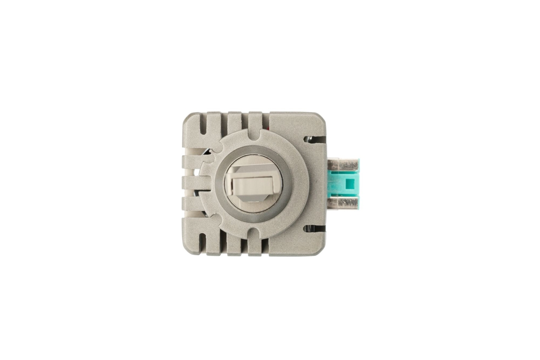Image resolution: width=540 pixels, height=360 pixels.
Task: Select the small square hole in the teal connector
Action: [x=349, y=184]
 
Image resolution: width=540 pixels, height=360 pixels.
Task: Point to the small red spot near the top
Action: [x=268, y=129]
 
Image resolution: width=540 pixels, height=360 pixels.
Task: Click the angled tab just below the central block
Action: [x=252, y=198]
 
